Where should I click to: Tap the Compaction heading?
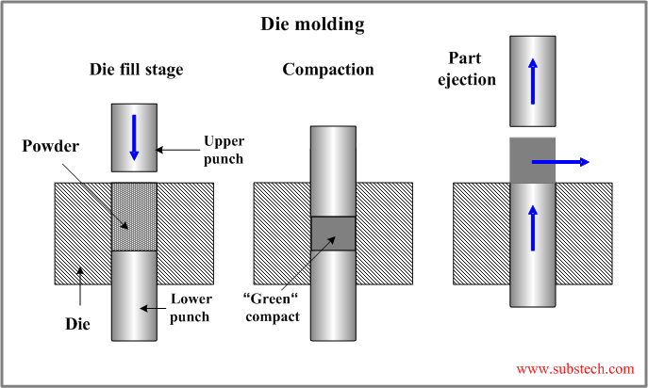pyautogui.click(x=328, y=70)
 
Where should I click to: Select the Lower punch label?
pyautogui.click(x=196, y=308)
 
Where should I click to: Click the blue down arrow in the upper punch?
pyautogui.click(x=134, y=137)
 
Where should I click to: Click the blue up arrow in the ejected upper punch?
pyautogui.click(x=534, y=79)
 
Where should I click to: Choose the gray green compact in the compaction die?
pyautogui.click(x=333, y=233)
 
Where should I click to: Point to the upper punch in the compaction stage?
pyautogui.click(x=333, y=170)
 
